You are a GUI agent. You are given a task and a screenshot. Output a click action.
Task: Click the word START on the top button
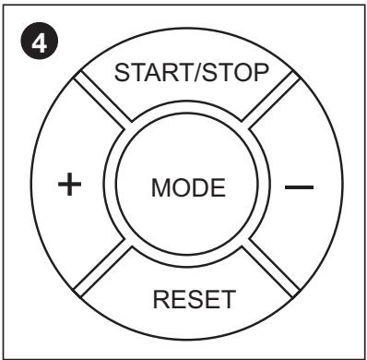pyautogui.click(x=145, y=74)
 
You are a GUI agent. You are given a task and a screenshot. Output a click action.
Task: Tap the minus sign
pyautogui.click(x=299, y=187)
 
